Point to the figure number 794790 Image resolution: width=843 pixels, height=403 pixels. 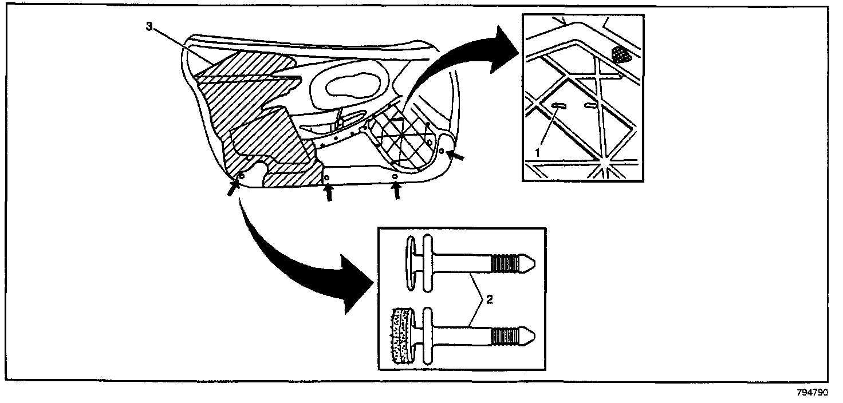(x=813, y=393)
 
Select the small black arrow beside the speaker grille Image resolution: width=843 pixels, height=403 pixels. (x=456, y=155)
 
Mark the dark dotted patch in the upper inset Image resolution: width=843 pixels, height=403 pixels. (x=620, y=54)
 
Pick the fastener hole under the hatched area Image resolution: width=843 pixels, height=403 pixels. (x=241, y=176)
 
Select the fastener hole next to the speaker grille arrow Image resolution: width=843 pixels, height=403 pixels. (x=441, y=150)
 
